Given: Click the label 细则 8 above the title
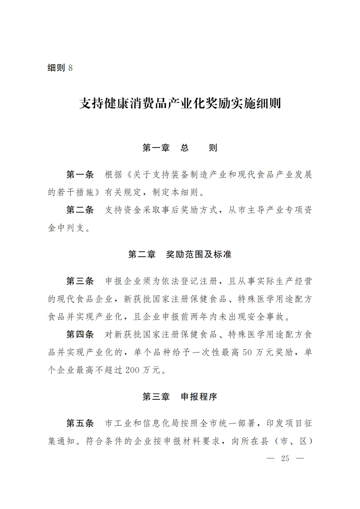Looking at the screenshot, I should click(60, 68).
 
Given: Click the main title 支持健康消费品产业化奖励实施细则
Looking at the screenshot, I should click(180, 103).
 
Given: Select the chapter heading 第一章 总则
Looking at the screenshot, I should click(180, 148).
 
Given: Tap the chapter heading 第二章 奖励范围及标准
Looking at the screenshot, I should click(180, 254).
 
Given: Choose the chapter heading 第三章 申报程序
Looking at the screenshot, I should click(180, 397).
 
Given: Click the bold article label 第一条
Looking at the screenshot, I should click(80, 175).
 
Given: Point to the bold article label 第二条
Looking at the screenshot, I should click(80, 210).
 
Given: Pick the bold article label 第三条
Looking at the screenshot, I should click(80, 281).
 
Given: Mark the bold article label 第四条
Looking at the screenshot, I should click(80, 334).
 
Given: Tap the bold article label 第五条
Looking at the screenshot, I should click(80, 423).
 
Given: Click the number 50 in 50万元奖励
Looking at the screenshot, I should click(247, 352).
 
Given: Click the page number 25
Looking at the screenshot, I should click(285, 458).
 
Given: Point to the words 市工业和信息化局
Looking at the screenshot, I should click(142, 423).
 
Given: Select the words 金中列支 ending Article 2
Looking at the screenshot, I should click(66, 228).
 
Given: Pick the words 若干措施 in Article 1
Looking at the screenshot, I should click(76, 192).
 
